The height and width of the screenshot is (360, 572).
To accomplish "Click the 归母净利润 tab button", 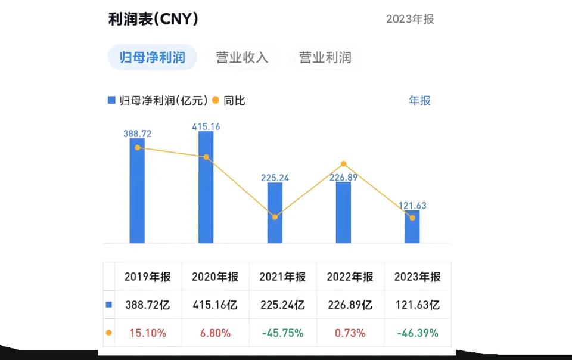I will [152, 58].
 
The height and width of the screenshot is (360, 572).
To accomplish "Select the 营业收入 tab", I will [242, 58].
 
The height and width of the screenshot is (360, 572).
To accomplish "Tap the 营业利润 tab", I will [325, 58].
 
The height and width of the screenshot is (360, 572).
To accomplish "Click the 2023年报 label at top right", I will [410, 19].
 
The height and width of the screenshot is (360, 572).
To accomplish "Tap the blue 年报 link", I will [419, 101].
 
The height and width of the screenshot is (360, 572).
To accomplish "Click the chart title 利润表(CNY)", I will [153, 19].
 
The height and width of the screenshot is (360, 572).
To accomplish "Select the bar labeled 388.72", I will [138, 191].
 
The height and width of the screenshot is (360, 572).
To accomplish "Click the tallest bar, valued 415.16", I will [206, 187].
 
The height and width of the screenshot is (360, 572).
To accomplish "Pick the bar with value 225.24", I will [275, 213].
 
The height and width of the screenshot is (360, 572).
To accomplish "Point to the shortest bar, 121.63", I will [412, 227].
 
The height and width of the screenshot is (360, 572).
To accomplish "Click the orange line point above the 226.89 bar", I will [344, 164].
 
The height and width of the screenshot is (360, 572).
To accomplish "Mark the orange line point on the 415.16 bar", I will [206, 157].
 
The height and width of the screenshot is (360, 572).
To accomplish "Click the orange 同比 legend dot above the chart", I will [216, 101].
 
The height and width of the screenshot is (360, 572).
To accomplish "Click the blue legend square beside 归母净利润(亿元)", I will [111, 101].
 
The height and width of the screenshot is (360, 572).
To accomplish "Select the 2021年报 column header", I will [282, 277].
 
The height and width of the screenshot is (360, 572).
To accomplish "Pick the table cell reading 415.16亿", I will [215, 305].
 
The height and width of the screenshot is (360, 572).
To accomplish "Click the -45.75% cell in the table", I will [282, 333].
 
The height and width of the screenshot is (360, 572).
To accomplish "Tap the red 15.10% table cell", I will [148, 333].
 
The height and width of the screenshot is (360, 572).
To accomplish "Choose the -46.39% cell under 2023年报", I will [418, 333].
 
